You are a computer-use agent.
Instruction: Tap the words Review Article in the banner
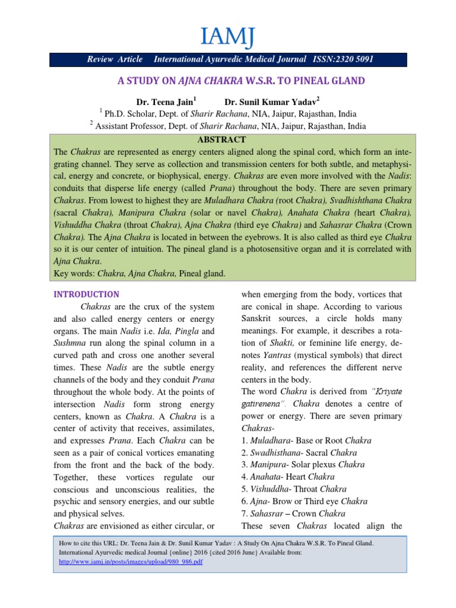click(115, 59)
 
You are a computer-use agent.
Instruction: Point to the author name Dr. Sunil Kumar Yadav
click(277, 102)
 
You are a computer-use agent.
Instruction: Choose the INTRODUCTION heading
click(87, 294)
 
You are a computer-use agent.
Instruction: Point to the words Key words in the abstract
click(73, 273)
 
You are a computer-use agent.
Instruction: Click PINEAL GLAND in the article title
click(329, 81)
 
